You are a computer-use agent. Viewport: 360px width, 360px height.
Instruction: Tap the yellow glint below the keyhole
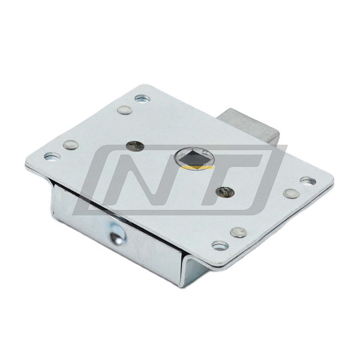(197, 167)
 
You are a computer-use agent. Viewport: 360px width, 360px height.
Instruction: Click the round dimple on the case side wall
(118, 234)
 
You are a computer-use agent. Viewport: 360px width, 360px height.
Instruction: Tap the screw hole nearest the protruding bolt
(142, 99)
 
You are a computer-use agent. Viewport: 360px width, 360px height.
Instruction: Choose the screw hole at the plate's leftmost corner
(52, 157)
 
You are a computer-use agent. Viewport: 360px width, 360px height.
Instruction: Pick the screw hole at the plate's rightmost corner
(308, 181)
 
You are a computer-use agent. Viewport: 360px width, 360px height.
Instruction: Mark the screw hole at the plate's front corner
(220, 245)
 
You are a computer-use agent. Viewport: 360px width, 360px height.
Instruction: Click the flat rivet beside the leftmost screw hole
(71, 145)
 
